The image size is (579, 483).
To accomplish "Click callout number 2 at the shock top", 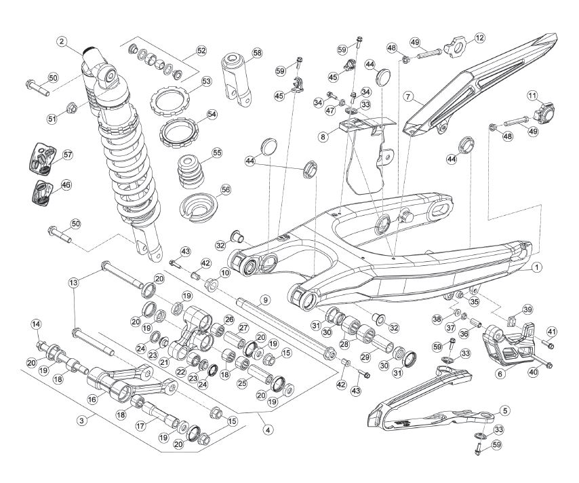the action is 62,41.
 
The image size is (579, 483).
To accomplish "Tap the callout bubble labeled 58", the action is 257,53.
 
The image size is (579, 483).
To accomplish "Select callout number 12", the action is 479,38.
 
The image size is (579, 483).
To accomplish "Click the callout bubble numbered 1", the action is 537,267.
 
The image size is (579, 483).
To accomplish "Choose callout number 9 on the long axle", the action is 265,300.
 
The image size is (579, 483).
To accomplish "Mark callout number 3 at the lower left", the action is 82,421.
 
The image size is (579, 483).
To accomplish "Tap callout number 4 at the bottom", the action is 268,430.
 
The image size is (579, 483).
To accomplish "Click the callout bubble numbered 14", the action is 36,324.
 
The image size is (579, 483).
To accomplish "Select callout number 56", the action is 225,190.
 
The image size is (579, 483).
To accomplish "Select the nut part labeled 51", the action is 72,109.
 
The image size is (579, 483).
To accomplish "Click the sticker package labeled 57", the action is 42,157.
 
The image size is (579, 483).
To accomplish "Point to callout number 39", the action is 527,309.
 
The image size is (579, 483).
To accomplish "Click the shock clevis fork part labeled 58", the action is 237,80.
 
